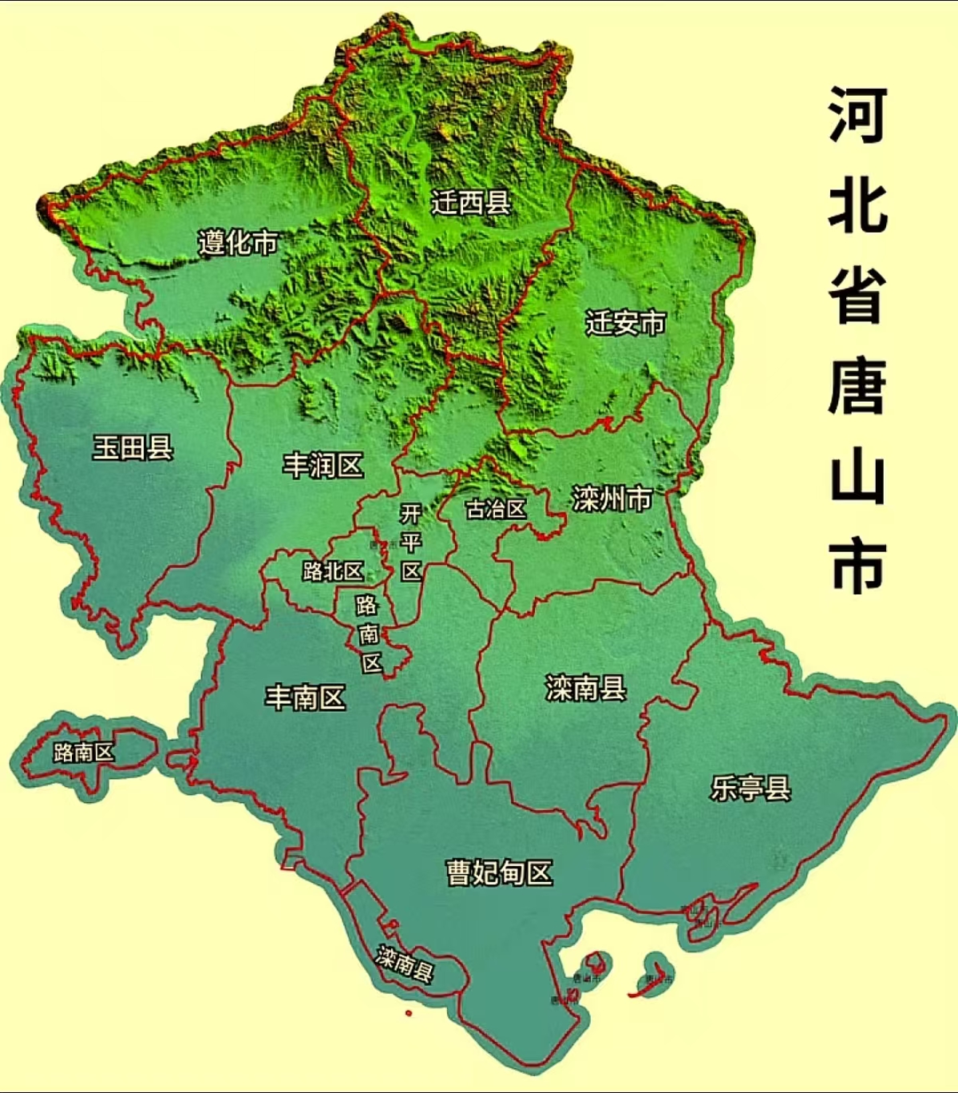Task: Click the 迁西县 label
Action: pyautogui.click(x=471, y=202)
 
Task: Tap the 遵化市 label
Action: pyautogui.click(x=238, y=241)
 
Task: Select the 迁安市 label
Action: pyautogui.click(x=625, y=323)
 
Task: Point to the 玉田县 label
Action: pyautogui.click(x=133, y=447)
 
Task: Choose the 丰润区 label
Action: pyautogui.click(x=323, y=465)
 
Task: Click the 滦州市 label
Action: pyautogui.click(x=612, y=499)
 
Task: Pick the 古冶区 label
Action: pyautogui.click(x=496, y=509)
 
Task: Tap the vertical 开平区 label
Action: pyautogui.click(x=410, y=542)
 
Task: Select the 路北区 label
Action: pyautogui.click(x=333, y=570)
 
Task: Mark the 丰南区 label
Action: pyautogui.click(x=305, y=698)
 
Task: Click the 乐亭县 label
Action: pyautogui.click(x=750, y=789)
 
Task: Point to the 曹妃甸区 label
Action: pyautogui.click(x=499, y=872)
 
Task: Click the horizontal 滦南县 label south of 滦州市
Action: pyautogui.click(x=585, y=687)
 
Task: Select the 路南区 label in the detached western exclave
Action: pyautogui.click(x=84, y=752)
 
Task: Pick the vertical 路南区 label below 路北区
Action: pyautogui.click(x=369, y=634)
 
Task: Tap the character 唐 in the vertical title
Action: pyautogui.click(x=857, y=386)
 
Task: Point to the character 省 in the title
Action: pyautogui.click(x=857, y=295)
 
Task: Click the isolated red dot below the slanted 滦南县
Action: pyautogui.click(x=409, y=1014)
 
